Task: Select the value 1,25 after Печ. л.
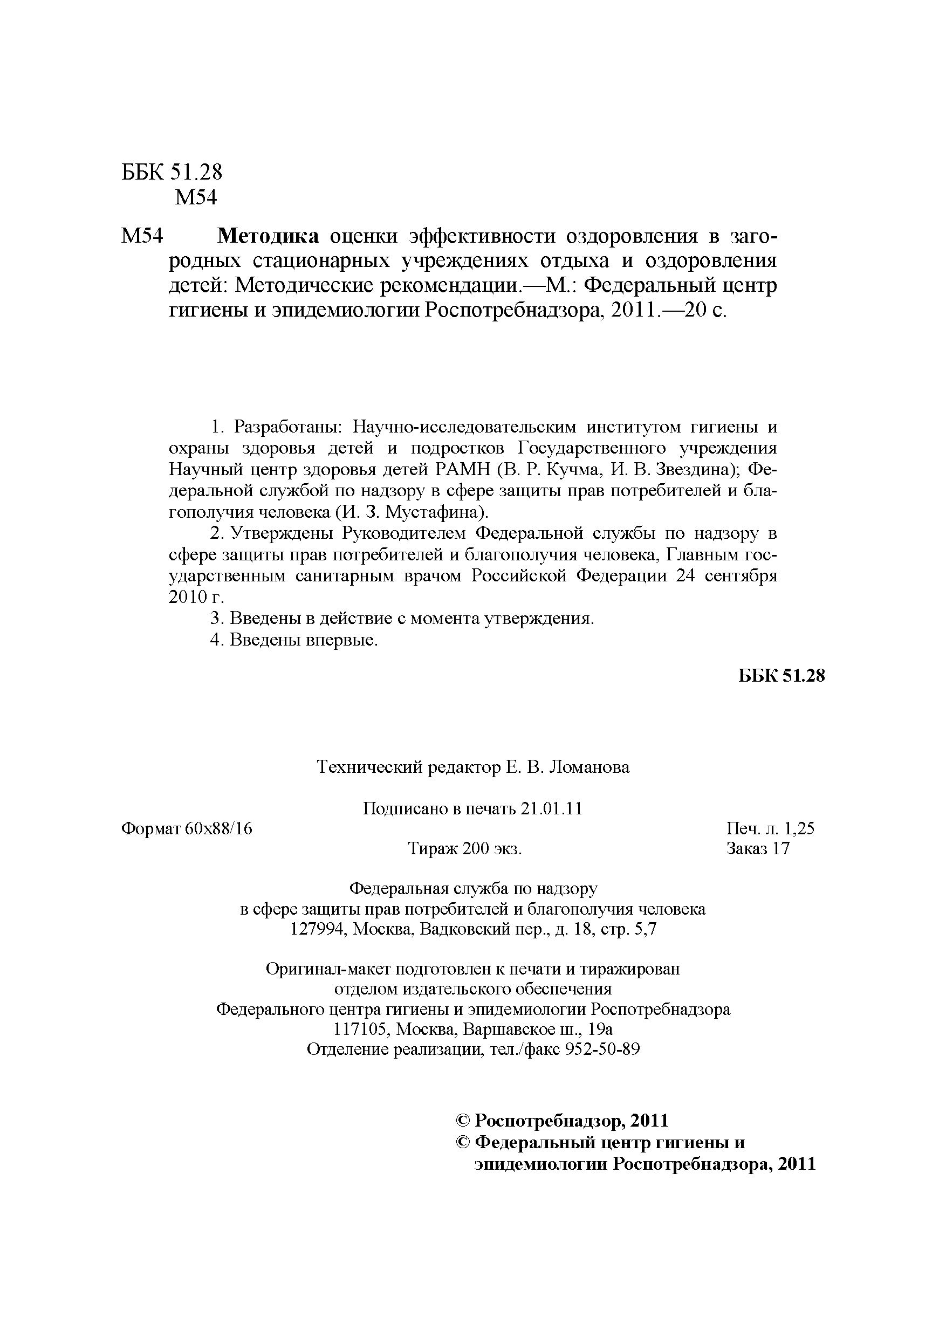(x=799, y=829)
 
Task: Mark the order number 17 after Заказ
(x=780, y=848)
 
